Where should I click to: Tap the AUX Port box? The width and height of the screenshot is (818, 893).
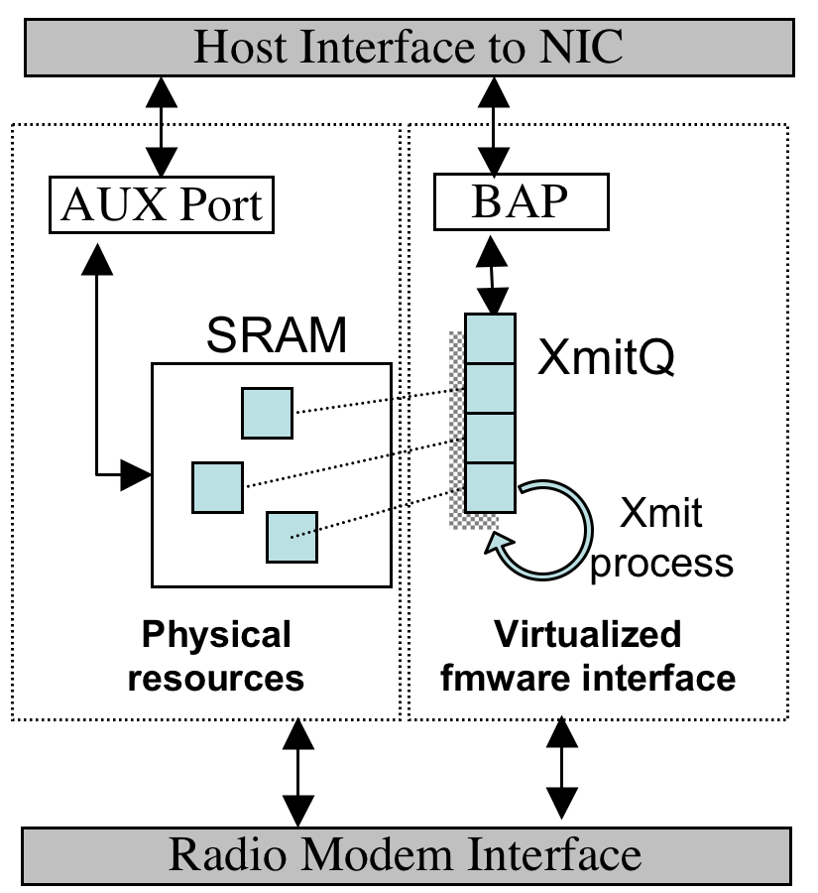click(x=162, y=205)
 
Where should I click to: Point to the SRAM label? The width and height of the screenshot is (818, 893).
click(x=278, y=337)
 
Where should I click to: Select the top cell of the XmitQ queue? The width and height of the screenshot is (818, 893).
click(x=490, y=338)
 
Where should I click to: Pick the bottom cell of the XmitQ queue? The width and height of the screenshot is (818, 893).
click(x=490, y=487)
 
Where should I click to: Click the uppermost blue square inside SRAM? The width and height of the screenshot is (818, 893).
click(x=267, y=413)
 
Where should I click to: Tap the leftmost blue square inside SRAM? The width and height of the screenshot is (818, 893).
click(x=217, y=487)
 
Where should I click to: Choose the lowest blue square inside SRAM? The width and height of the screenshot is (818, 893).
click(x=292, y=537)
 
